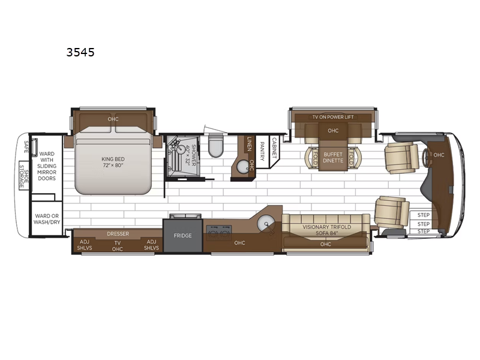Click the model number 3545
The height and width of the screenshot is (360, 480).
(80, 52)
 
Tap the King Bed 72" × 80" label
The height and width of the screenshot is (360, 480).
(113, 162)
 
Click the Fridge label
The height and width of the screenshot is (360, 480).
(183, 235)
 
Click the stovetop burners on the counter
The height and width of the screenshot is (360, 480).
(219, 233)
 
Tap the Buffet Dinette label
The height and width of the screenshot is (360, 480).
(333, 157)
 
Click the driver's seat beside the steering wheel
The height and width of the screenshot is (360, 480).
(401, 158)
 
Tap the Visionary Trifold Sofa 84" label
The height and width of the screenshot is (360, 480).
(326, 230)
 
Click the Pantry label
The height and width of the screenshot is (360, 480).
(262, 151)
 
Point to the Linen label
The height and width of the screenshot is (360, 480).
(249, 144)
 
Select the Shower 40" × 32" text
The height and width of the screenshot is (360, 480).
(190, 155)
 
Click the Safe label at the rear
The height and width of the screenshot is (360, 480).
(26, 147)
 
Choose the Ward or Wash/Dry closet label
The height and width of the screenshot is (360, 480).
(47, 219)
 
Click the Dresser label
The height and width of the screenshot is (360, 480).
(118, 234)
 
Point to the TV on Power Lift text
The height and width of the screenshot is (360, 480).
(333, 117)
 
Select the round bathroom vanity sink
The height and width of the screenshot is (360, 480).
(243, 167)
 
